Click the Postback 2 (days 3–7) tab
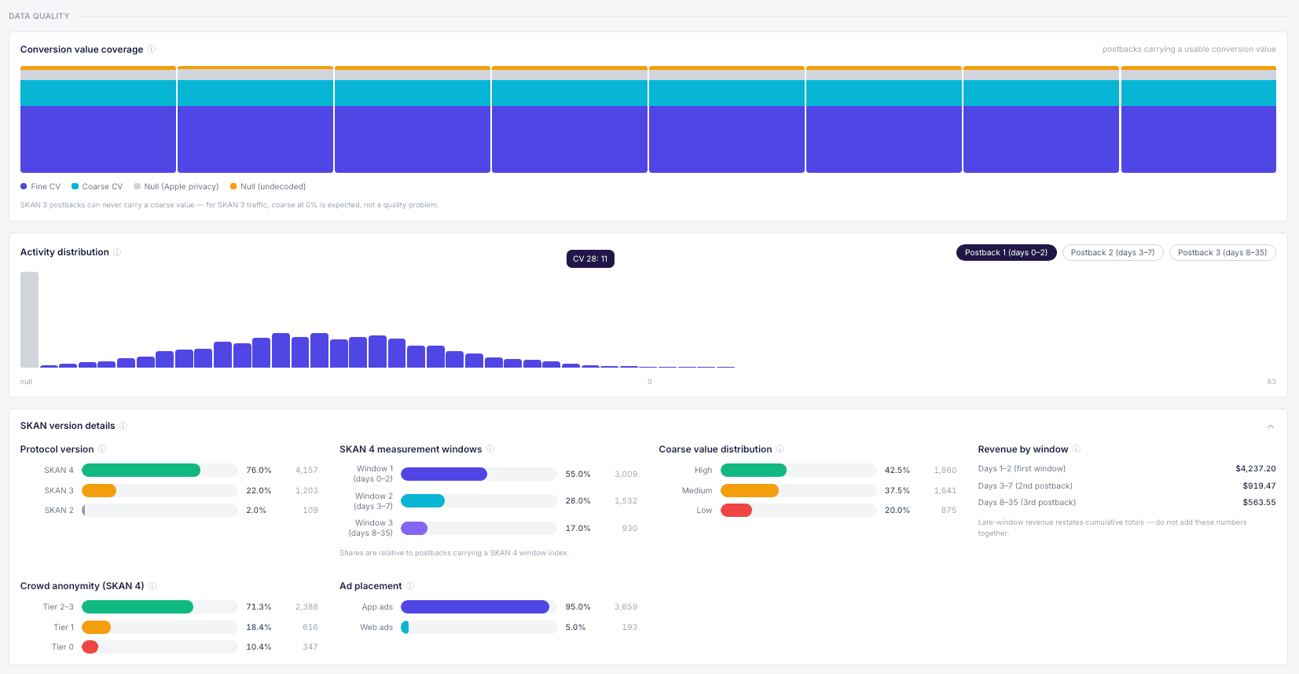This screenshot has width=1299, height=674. [x=1112, y=253]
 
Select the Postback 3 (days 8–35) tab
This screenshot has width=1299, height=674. [x=1222, y=253]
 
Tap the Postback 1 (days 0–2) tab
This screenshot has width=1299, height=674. [x=1006, y=253]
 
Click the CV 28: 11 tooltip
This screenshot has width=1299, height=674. [x=589, y=258]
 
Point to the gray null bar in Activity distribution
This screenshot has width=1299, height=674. [x=30, y=319]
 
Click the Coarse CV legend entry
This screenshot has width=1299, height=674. [x=97, y=187]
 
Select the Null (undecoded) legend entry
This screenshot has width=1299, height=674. [x=268, y=187]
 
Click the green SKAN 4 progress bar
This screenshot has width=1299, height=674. [x=141, y=470]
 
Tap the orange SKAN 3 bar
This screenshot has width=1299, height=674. [x=99, y=490]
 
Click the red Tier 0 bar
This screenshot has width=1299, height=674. [x=90, y=647]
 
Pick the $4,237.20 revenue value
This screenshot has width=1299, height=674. [x=1256, y=468]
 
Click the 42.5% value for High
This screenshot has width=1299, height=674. [x=897, y=470]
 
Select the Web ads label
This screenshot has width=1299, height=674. [x=376, y=627]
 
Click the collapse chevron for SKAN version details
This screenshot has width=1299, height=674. [x=1271, y=427]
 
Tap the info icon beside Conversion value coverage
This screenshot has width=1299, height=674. [x=152, y=49]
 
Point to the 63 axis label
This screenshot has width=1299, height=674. [x=1271, y=381]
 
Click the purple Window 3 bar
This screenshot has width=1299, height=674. [x=414, y=528]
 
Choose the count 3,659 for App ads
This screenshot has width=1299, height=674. [x=626, y=606]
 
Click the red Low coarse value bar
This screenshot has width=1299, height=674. [x=736, y=510]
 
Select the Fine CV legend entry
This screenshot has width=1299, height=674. [x=40, y=187]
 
